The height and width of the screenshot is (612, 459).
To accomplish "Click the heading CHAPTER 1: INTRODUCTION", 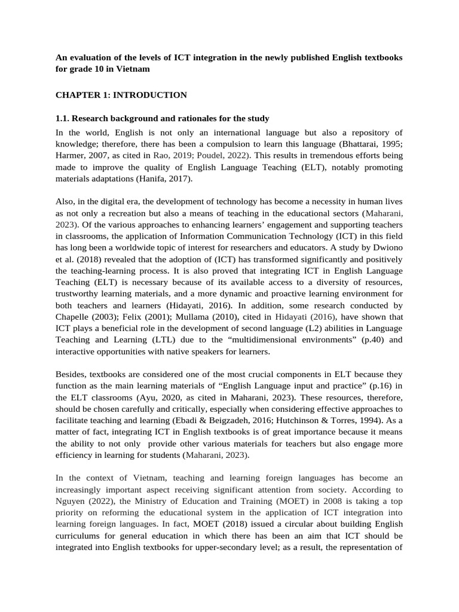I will click(x=121, y=95).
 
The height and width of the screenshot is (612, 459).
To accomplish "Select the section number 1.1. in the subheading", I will click(x=65, y=118).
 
